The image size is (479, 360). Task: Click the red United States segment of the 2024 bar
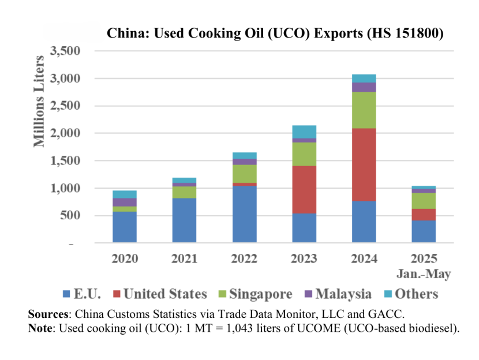[x=364, y=164]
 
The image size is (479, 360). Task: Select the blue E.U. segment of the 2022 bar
[x=244, y=214]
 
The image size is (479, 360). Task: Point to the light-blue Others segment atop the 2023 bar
[x=304, y=132]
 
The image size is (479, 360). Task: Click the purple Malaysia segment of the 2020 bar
[x=125, y=202]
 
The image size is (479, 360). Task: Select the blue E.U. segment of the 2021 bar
[x=184, y=220]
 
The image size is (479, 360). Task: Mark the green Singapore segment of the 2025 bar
[x=424, y=200]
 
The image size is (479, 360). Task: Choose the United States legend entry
[x=159, y=294]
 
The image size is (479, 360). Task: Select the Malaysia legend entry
[x=338, y=294]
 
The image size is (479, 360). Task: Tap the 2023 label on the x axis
[x=304, y=258]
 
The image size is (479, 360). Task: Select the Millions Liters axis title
[x=40, y=101]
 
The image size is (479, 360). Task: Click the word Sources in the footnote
[x=49, y=314]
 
